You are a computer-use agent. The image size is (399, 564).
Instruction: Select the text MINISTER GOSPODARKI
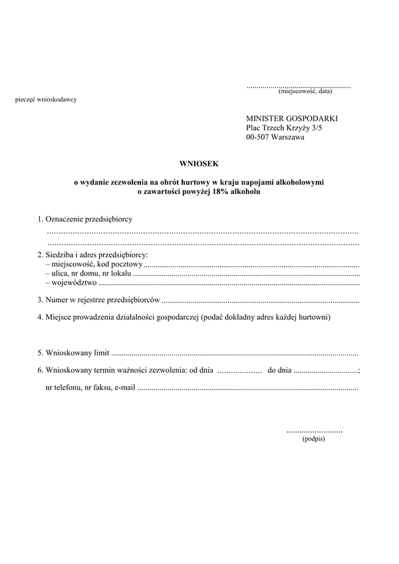click(292, 117)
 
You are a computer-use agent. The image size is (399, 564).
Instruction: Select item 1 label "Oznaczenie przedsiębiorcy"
click(93, 219)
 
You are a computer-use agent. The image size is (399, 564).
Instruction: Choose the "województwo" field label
click(70, 282)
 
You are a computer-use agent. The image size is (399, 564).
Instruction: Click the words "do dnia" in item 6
click(279, 369)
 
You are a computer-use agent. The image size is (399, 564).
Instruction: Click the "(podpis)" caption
click(313, 439)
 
